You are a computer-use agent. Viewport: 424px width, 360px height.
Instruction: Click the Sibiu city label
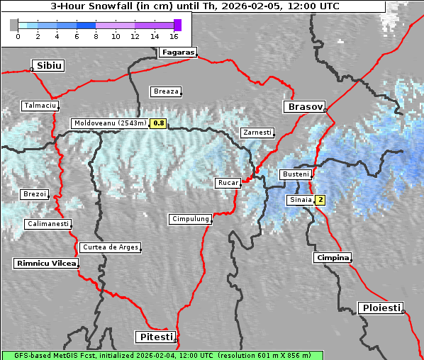tap(50, 66)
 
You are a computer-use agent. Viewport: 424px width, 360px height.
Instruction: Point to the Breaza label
tap(167, 91)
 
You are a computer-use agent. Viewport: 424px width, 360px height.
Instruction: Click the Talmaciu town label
tap(40, 106)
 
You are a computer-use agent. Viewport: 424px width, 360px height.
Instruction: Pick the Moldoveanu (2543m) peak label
tap(110, 123)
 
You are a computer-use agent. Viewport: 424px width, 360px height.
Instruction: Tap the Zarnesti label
tap(257, 133)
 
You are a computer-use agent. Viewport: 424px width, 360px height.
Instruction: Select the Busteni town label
tap(295, 174)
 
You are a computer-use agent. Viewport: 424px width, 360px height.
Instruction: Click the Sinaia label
tap(300, 200)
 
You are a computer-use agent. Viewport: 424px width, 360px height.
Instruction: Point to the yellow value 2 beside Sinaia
tap(320, 200)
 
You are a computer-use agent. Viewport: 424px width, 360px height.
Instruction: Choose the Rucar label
tap(228, 183)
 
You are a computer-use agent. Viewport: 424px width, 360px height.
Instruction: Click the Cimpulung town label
tap(191, 219)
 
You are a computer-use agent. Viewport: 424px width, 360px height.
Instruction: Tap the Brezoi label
tap(35, 194)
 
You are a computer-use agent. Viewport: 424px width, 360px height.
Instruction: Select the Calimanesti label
tap(48, 224)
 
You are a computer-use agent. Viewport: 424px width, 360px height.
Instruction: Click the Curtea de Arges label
tap(110, 247)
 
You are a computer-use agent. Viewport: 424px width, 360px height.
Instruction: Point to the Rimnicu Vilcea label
tap(45, 263)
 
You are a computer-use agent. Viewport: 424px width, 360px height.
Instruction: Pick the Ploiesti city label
tap(381, 308)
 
